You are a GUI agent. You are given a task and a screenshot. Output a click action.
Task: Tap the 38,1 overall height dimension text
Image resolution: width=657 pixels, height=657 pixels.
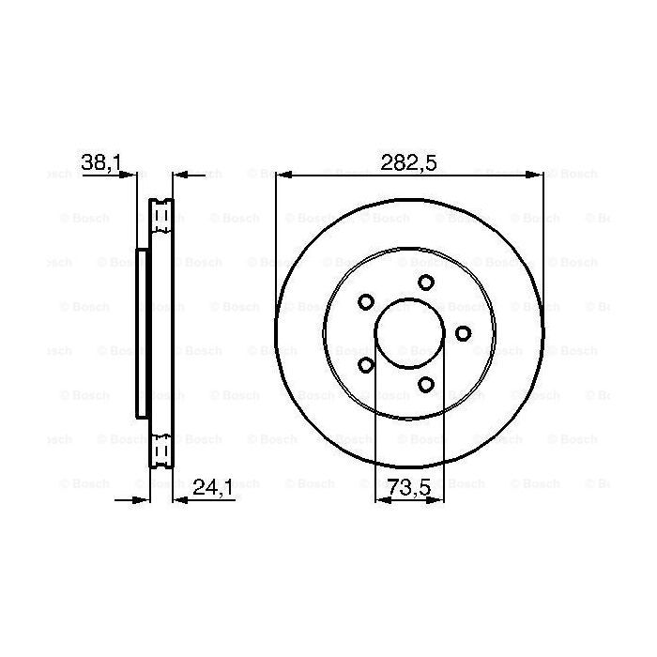(x=101, y=161)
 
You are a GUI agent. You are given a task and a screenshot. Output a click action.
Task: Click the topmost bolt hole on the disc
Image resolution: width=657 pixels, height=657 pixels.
(x=426, y=283)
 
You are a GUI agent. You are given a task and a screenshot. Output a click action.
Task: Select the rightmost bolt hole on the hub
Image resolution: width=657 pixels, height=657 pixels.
(x=462, y=333)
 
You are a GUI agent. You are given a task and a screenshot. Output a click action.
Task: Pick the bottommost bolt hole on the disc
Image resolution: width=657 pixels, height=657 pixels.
(x=426, y=384)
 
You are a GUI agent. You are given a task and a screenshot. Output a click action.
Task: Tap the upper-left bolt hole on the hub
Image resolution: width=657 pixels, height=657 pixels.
(x=366, y=302)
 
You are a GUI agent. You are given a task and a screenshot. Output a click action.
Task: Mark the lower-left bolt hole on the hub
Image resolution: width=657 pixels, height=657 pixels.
(x=366, y=364)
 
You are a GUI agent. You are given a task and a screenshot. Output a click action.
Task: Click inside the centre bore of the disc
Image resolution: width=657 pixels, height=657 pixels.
(x=409, y=333)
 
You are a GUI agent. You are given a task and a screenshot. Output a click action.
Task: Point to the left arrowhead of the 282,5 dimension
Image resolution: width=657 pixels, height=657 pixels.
(x=281, y=175)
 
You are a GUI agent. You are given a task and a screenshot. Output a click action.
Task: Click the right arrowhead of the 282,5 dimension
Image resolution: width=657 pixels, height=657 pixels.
(x=538, y=175)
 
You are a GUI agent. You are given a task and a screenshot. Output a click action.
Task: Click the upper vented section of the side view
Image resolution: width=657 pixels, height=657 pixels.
(x=161, y=218)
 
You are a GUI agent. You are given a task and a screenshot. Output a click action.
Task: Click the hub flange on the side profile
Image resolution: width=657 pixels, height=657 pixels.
(x=142, y=333)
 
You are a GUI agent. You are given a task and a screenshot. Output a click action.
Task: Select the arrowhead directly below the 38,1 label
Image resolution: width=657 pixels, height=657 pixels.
(x=131, y=175)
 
